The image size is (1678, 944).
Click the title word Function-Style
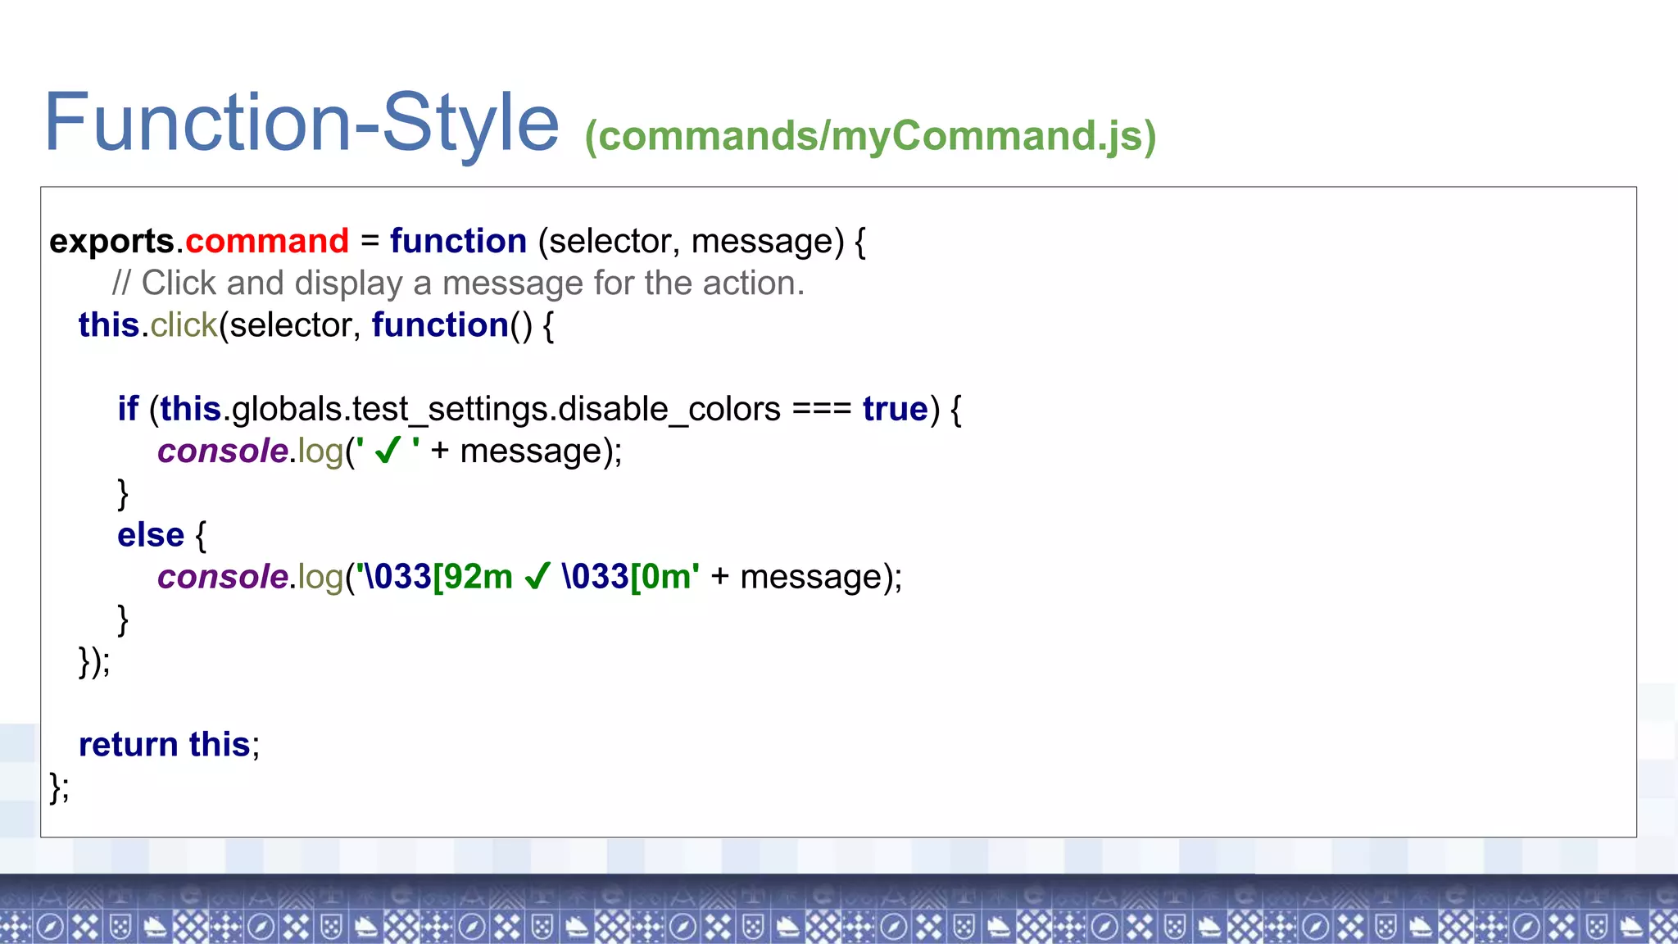[x=301, y=123]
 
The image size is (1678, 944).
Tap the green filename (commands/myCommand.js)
[x=870, y=136]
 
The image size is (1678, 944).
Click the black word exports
[x=111, y=242]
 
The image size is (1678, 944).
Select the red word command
[x=267, y=242]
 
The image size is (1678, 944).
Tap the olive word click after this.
[x=184, y=325]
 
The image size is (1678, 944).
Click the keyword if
[x=128, y=409]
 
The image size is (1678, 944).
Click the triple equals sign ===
[x=822, y=409]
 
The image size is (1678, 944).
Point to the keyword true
[x=896, y=409]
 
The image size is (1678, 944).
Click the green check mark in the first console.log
[x=388, y=451]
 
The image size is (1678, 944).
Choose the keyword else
[x=151, y=535]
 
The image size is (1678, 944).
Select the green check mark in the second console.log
[x=537, y=577]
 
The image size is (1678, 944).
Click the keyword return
[x=129, y=745]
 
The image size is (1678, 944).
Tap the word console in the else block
[x=223, y=577]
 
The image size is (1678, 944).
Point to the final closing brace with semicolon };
[x=59, y=787]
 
